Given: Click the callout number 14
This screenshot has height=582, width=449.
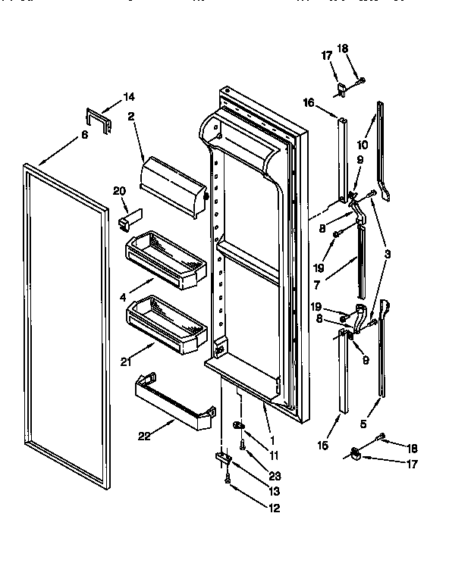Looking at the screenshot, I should coord(128,96).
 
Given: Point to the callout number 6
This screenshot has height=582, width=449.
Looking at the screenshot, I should coord(84,134).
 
